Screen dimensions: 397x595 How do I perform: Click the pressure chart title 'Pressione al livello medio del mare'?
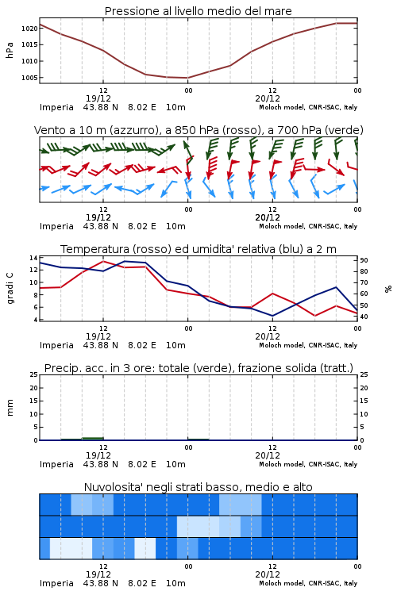coord(198,11)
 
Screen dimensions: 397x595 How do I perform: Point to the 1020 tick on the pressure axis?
coord(29,29)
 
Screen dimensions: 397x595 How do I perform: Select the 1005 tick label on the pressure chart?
coord(29,78)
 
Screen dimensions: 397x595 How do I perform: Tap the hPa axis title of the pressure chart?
coord(10,50)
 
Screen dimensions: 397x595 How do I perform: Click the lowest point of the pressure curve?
coord(187,78)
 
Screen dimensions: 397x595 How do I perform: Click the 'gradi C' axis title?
coord(10,289)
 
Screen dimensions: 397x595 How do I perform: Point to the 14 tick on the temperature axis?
coord(33,258)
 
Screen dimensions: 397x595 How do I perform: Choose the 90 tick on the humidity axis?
coord(364,260)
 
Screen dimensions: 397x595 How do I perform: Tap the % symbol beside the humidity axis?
coord(388,289)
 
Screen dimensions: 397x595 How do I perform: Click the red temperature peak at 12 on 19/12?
coord(103,261)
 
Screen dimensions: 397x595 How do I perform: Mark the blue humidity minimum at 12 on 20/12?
coord(272,316)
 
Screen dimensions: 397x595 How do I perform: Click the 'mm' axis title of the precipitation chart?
coord(10,408)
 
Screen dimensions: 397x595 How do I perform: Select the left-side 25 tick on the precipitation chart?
coord(33,374)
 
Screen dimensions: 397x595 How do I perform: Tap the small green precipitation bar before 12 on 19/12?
coord(93,438)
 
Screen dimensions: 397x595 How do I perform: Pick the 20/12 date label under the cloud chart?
coord(268,574)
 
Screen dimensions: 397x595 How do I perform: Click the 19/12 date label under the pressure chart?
coord(98,98)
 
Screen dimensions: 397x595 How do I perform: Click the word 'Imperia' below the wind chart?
coord(56,227)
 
